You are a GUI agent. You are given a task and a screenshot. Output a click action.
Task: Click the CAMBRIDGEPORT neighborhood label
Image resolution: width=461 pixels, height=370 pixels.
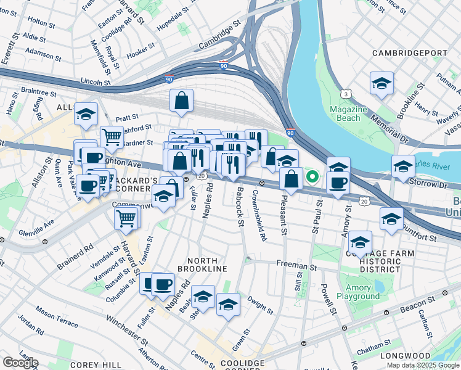click(410, 53)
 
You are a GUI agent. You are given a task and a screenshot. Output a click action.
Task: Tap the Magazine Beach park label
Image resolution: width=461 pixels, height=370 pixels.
click(348, 113)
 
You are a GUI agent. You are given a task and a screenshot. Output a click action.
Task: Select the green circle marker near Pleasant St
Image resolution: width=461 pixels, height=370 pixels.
click(312, 178)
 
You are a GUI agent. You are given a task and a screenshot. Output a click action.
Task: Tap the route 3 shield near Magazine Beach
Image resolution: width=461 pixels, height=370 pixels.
click(347, 93)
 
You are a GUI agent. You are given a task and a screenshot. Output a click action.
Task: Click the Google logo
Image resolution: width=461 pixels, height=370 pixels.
click(20, 363)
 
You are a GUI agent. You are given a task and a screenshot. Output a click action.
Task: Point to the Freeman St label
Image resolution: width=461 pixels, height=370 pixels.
click(296, 268)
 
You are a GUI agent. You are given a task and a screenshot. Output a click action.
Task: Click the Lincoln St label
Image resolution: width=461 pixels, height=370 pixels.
click(96, 81)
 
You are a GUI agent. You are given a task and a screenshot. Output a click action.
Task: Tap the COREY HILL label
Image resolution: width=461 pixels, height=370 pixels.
click(90, 364)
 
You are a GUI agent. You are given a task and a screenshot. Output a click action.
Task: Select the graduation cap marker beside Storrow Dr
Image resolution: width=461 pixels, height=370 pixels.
click(402, 166)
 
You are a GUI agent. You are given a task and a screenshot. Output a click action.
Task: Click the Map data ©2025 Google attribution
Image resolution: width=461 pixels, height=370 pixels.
click(422, 365)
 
